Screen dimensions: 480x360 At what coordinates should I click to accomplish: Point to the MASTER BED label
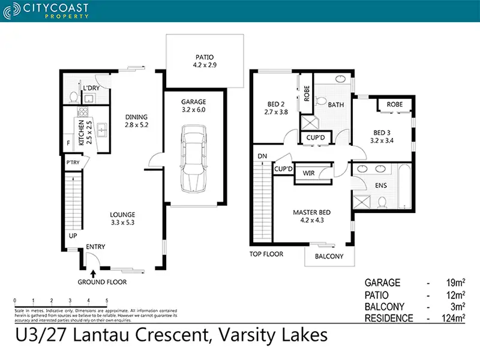[x=311, y=212]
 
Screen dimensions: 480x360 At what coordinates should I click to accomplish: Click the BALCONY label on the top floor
[x=329, y=256]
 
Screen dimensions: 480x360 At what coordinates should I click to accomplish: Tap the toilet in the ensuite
[x=382, y=204]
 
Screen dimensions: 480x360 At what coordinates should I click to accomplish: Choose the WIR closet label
[x=309, y=173]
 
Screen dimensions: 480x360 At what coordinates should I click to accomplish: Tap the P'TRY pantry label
[x=73, y=161]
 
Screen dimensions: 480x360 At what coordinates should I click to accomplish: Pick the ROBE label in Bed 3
[x=394, y=104]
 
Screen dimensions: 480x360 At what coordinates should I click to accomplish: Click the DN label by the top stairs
[x=262, y=156]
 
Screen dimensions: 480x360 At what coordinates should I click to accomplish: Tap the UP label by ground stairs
[x=73, y=236]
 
